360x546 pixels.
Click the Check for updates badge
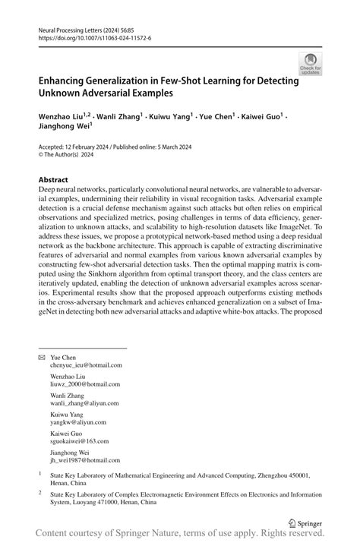[310, 64]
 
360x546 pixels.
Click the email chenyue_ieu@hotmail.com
[85, 365]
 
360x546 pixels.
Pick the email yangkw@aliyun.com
[78, 422]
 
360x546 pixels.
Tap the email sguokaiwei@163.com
[80, 440]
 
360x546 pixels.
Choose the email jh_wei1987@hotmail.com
[84, 459]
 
